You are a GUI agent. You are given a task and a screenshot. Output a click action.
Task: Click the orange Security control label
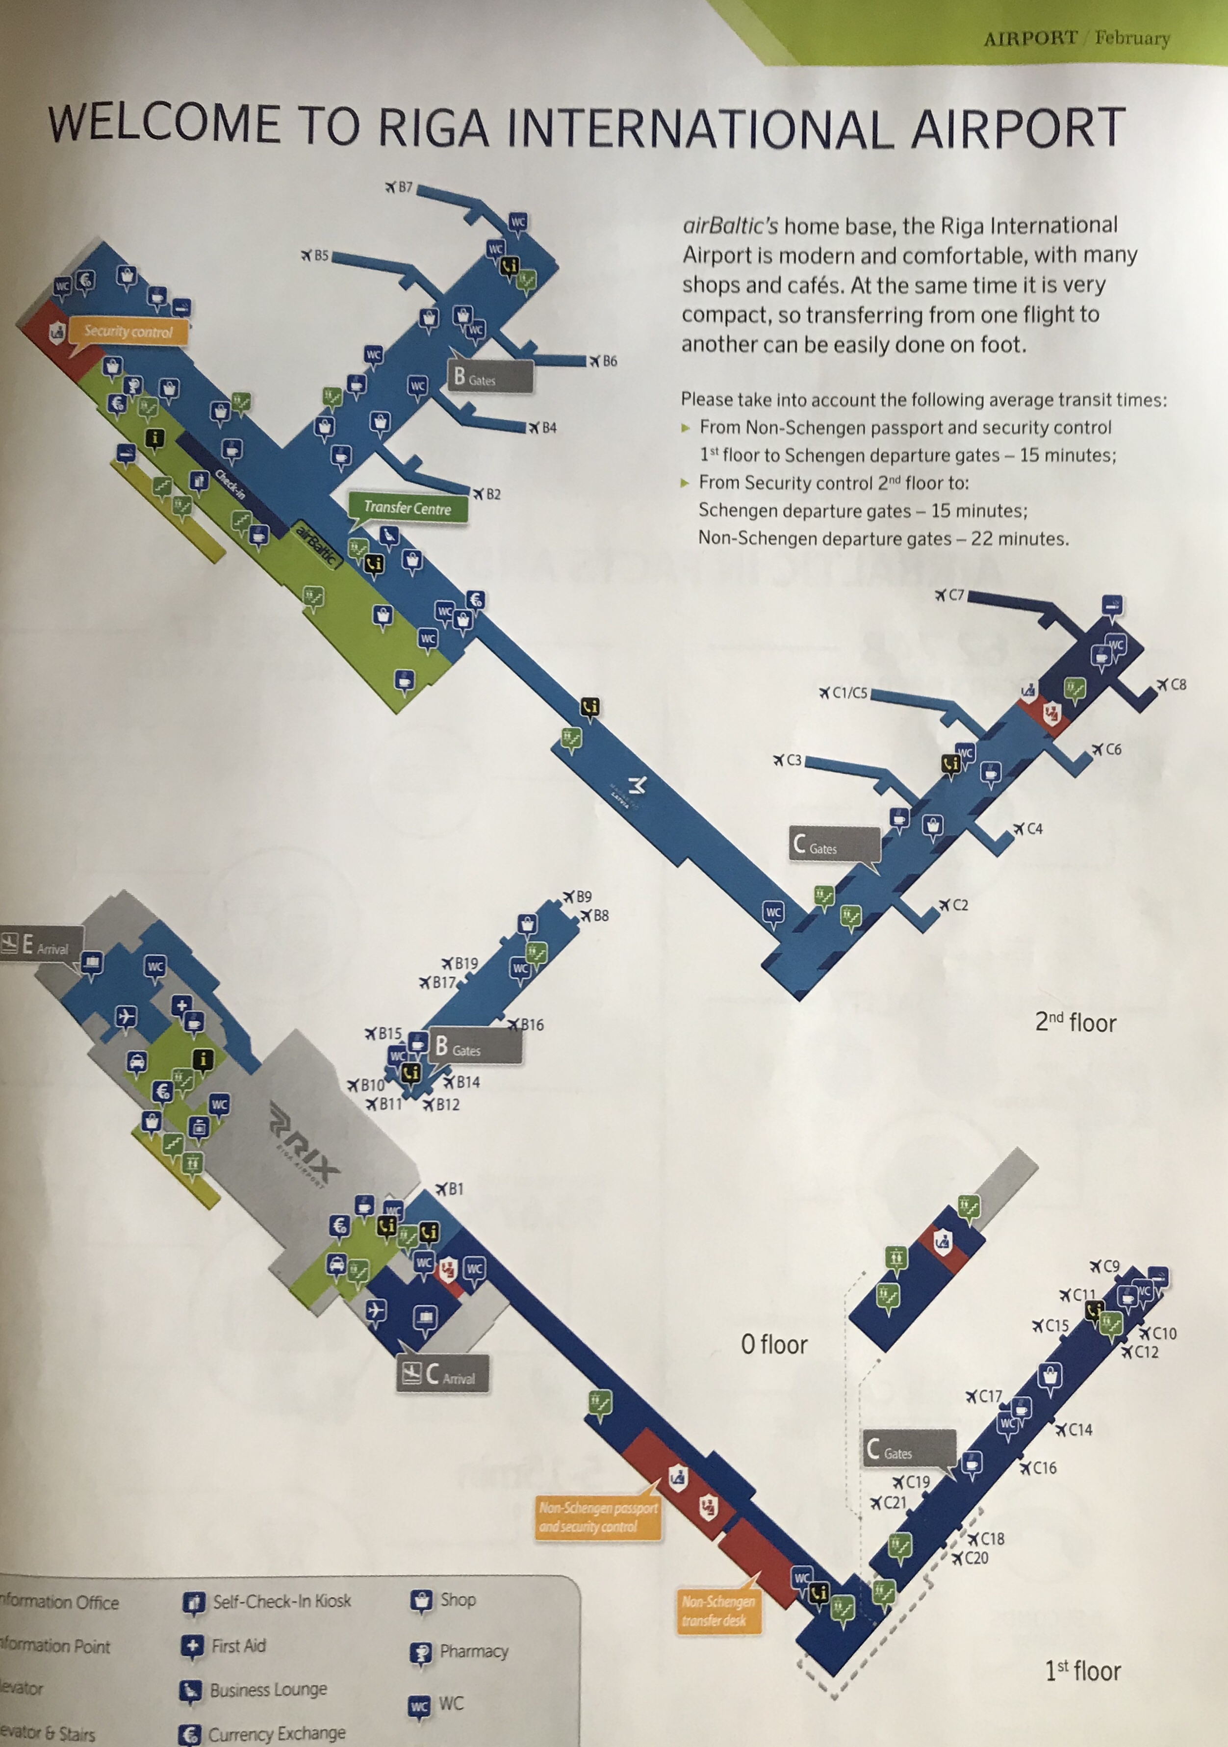point(128,332)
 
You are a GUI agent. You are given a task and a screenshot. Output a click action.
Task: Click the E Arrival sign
point(43,946)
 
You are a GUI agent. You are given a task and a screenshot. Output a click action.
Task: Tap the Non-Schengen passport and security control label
point(598,1517)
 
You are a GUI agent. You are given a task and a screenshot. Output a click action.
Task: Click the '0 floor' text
point(774,1344)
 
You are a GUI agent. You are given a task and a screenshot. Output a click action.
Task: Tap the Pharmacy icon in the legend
point(420,1653)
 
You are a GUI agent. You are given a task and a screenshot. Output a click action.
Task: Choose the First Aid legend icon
point(193,1646)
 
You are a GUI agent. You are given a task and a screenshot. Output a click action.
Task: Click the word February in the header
point(1132,38)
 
